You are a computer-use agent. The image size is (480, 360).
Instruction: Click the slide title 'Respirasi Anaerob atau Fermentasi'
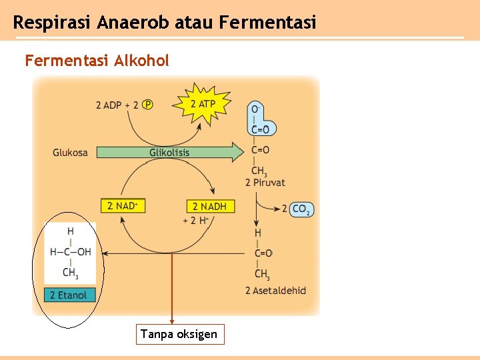point(164,23)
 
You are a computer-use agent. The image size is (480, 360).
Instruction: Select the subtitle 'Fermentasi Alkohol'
point(97,61)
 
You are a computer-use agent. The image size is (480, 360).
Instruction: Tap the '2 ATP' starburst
point(203,104)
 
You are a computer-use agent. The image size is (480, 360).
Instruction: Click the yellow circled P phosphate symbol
point(147,105)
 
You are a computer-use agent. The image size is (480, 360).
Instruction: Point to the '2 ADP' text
point(108,105)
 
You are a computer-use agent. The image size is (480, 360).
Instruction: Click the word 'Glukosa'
point(70,153)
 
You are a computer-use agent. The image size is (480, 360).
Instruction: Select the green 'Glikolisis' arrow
point(169,153)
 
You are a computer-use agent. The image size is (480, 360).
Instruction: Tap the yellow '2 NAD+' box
point(122,206)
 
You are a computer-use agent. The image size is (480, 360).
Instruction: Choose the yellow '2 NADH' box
point(209,206)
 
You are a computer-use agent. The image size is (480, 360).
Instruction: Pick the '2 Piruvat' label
point(265,183)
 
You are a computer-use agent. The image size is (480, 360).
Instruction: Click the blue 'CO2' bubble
point(301,209)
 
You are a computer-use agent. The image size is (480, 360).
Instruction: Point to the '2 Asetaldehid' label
point(275,291)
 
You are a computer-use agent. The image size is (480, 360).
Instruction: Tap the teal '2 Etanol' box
point(69,295)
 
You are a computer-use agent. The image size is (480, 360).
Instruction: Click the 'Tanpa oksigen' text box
point(179,334)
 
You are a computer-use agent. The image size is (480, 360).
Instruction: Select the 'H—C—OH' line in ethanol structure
point(70,252)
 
